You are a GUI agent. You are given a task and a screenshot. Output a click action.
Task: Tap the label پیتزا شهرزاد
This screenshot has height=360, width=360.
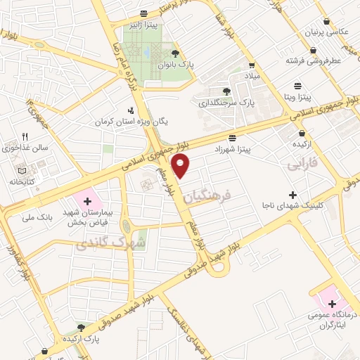click(233, 150)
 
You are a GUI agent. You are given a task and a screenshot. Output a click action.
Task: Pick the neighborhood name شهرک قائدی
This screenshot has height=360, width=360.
click(99, 243)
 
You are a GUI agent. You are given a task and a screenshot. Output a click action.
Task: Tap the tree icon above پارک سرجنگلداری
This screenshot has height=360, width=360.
click(226, 91)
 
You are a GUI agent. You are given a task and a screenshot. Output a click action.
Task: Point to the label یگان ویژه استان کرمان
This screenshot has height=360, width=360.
click(134, 121)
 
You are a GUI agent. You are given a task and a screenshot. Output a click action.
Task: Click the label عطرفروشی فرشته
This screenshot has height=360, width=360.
click(313, 60)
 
